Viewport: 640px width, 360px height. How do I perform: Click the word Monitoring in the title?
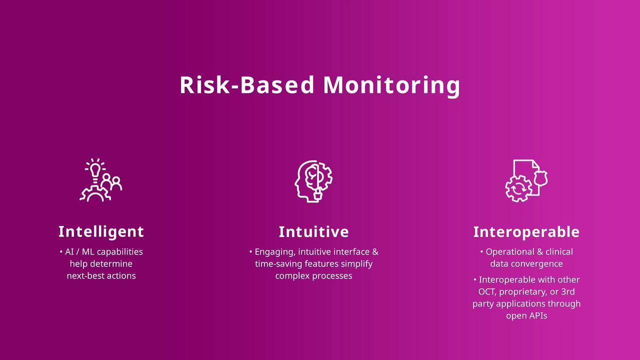coord(391,85)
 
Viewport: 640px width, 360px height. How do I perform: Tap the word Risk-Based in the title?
coord(247,85)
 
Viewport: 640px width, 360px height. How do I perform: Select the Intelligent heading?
coord(101,232)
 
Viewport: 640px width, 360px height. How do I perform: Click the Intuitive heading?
coord(313,231)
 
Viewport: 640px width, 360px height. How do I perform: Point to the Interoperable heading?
coord(526,232)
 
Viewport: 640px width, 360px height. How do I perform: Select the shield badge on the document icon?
coord(540,178)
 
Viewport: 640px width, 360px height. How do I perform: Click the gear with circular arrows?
coord(518,188)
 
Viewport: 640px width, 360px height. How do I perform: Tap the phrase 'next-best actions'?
coord(101,275)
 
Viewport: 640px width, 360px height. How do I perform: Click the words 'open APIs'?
coord(526,316)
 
